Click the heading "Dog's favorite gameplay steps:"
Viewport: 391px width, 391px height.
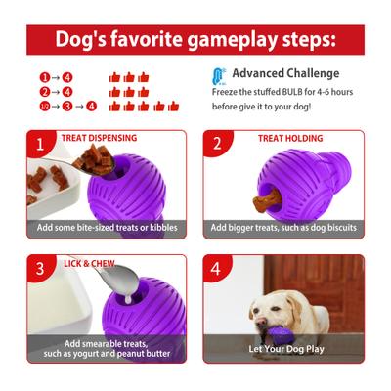[x=195, y=40]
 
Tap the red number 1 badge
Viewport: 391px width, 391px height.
[x=40, y=145]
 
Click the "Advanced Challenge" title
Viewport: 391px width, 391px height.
[x=286, y=73]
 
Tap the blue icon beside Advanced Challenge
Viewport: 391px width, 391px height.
[x=220, y=75]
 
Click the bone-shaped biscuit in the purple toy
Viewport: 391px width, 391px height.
[x=262, y=203]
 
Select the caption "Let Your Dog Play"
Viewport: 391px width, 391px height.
[x=285, y=349]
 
